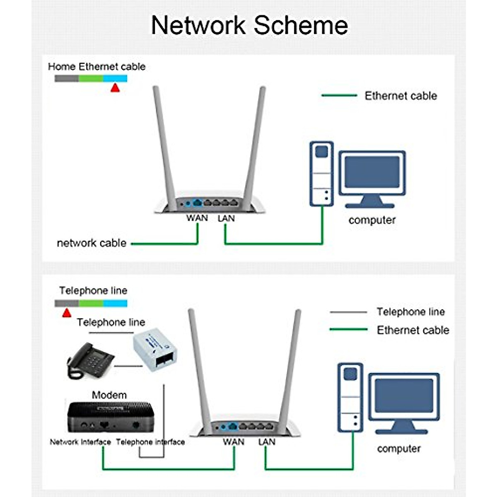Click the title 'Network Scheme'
tap(249, 25)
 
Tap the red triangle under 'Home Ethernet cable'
tap(115, 88)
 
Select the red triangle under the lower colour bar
tap(66, 313)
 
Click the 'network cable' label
tap(92, 243)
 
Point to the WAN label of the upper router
tap(197, 218)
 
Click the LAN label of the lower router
tap(267, 442)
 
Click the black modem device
tap(110, 417)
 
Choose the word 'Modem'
tap(109, 395)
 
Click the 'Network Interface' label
tap(80, 442)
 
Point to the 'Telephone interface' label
tap(150, 442)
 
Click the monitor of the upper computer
tap(372, 174)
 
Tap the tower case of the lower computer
tap(350, 397)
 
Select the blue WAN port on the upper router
tap(198, 203)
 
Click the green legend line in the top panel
tap(339, 96)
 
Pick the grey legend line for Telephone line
tap(348, 312)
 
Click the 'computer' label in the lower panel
tap(399, 449)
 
